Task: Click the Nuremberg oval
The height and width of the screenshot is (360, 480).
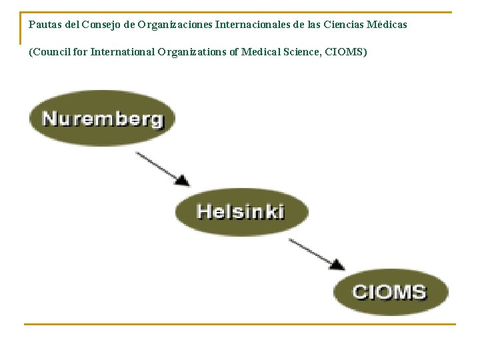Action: [101, 118]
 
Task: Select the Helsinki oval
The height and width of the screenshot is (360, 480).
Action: [241, 211]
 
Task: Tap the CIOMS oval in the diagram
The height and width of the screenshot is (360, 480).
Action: [390, 291]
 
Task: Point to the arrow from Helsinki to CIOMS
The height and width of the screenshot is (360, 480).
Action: [317, 253]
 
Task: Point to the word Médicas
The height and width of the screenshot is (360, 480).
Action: [388, 25]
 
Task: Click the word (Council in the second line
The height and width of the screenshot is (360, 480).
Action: [49, 51]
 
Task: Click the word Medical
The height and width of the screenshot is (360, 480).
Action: [259, 51]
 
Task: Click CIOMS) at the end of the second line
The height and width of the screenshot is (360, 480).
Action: [346, 51]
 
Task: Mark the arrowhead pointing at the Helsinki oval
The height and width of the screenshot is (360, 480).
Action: [183, 180]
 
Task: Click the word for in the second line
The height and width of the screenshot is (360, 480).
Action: [80, 51]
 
